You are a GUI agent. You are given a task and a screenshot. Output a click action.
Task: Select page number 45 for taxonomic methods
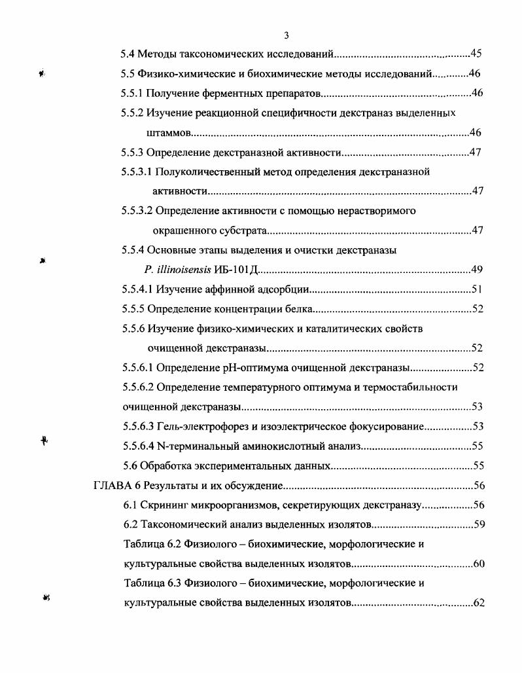tap(476, 54)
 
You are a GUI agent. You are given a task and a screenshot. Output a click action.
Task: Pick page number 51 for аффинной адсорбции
tap(478, 289)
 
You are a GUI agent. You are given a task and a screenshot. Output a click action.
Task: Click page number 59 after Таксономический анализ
tap(478, 525)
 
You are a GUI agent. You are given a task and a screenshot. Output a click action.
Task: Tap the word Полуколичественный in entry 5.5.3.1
tap(210, 172)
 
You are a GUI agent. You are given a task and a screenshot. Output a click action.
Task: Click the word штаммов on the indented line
tap(167, 132)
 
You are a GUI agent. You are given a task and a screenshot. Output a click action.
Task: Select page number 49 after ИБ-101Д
tap(478, 270)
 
